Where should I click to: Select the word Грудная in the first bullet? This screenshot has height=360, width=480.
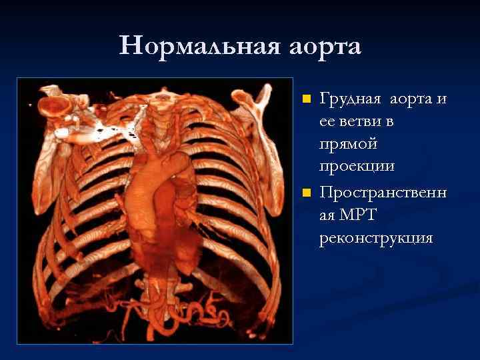tap(351, 99)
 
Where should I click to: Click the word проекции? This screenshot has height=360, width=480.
tap(357, 167)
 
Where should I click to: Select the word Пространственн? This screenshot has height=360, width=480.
tap(383, 193)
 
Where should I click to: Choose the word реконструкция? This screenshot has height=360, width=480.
tap(376, 238)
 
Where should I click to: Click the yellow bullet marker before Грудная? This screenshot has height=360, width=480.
tap(306, 99)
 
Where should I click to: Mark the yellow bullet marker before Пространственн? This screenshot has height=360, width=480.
tap(306, 193)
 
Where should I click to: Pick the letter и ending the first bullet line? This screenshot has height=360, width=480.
tap(441, 99)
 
